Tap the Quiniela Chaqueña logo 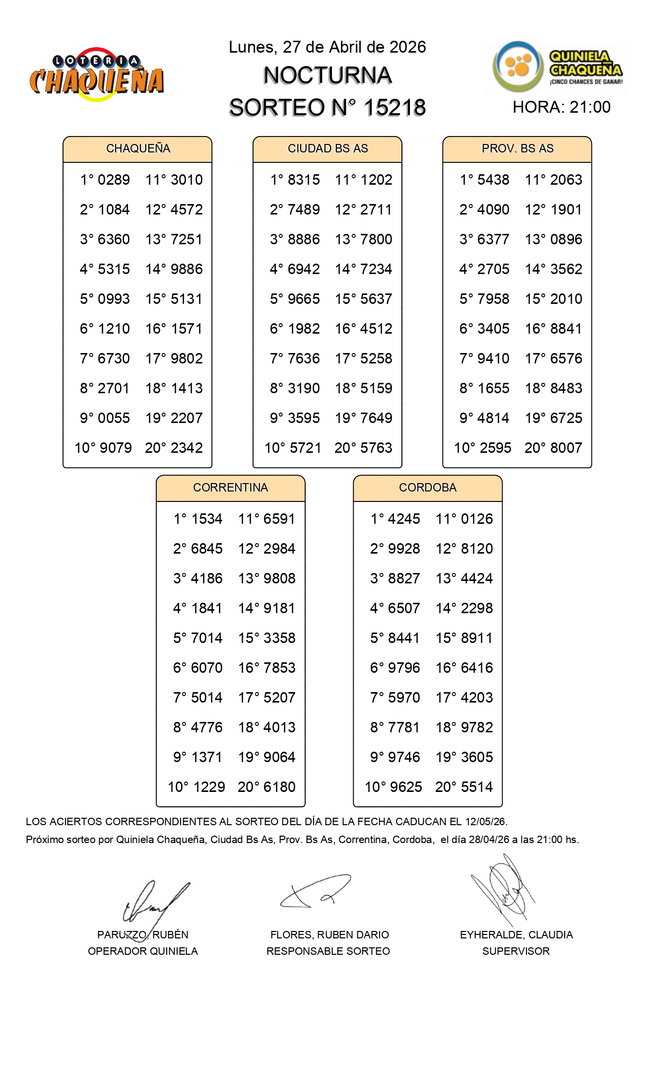click(x=558, y=68)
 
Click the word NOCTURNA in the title click(x=327, y=75)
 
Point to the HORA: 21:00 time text click(x=561, y=107)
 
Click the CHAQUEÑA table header click(x=138, y=148)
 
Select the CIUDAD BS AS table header click(x=327, y=148)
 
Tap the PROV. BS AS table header click(x=517, y=148)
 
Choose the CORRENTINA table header click(x=230, y=488)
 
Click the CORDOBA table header click(x=427, y=488)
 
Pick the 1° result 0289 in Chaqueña click(x=114, y=180)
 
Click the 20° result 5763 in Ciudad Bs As click(x=376, y=448)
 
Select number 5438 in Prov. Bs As click(x=493, y=180)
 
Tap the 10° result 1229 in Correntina click(x=209, y=787)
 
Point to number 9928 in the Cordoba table click(x=404, y=549)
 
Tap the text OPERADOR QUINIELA click(x=143, y=951)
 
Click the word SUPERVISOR click(x=516, y=951)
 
